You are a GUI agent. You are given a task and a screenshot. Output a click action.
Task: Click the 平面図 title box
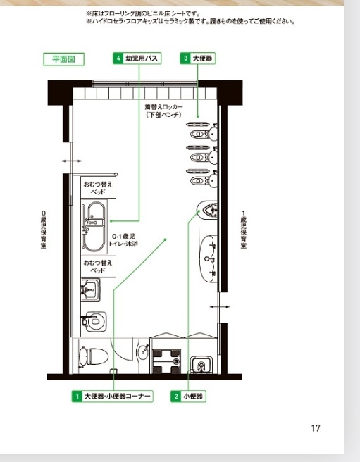(x=63, y=59)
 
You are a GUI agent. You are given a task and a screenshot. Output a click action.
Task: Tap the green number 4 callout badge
(x=118, y=58)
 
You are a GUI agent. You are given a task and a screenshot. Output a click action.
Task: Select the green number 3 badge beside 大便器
(x=185, y=58)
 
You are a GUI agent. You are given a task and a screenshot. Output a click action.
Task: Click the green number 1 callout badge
(x=77, y=397)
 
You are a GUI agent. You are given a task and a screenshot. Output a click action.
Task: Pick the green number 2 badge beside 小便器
(x=176, y=397)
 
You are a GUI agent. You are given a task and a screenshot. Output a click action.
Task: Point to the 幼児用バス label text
(x=142, y=58)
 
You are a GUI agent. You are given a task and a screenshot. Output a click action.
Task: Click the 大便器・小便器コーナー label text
(x=118, y=397)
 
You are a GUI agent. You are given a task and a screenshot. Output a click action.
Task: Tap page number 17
(x=316, y=428)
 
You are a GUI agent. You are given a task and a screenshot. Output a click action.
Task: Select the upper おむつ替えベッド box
(x=98, y=187)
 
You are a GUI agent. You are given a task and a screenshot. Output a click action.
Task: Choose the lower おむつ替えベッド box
(x=98, y=267)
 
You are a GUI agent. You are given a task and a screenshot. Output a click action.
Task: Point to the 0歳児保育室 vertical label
(x=44, y=230)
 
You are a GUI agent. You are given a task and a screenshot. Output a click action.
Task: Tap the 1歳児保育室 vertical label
(x=243, y=230)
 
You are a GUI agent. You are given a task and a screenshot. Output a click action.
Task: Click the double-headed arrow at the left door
(x=72, y=161)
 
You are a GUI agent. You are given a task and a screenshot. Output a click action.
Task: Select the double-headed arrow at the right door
(x=220, y=307)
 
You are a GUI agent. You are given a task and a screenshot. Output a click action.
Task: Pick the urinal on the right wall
(x=207, y=210)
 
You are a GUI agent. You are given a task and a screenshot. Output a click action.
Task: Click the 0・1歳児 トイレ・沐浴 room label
(x=123, y=240)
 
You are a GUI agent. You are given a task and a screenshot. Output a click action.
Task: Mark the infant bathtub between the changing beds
(x=94, y=227)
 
